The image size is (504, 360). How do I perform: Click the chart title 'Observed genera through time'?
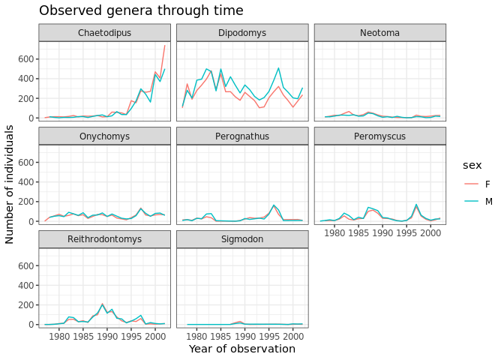[x=141, y=10]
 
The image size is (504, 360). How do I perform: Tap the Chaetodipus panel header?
[x=103, y=33]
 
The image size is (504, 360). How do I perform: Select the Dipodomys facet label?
[x=241, y=33]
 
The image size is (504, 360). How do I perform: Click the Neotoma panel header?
[x=379, y=33]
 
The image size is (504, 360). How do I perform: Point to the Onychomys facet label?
[x=103, y=136]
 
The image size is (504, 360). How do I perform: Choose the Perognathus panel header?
[x=241, y=136]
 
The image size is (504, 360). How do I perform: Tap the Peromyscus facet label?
[x=379, y=136]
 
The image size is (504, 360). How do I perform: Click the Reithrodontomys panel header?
[x=103, y=240]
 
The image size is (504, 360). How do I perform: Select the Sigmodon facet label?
[x=241, y=240]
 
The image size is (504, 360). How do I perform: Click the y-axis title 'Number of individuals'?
[x=10, y=184]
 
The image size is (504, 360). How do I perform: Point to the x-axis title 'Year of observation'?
[x=241, y=349]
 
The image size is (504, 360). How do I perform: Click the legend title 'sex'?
[x=472, y=164]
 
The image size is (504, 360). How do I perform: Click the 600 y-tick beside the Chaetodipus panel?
[x=26, y=58]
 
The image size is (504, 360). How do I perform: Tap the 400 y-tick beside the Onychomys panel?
[x=26, y=182]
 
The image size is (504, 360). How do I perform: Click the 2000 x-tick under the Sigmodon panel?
[x=292, y=337]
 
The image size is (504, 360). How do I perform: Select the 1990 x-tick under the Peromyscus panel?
[x=382, y=233]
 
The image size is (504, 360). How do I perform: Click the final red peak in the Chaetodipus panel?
[x=165, y=46]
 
